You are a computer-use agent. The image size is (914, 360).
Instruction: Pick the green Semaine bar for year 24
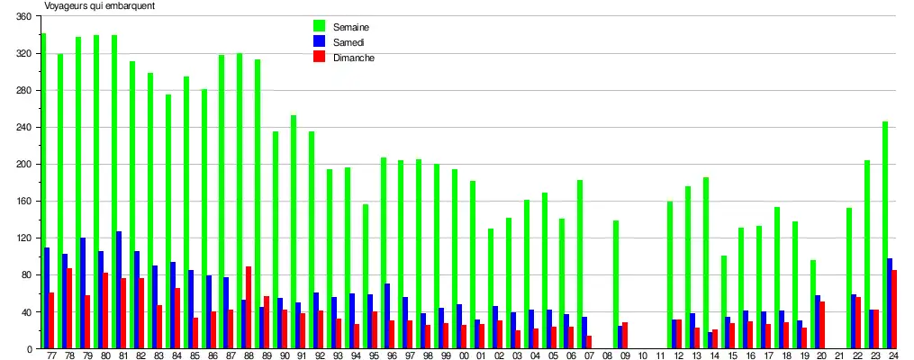(885, 235)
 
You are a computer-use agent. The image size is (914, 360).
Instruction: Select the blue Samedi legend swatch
(319, 41)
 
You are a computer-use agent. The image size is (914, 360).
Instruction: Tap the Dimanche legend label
(354, 58)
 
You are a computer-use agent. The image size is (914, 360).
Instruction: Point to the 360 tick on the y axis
(23, 17)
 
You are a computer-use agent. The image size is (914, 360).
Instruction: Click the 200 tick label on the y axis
(23, 165)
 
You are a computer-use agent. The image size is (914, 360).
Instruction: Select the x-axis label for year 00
(463, 356)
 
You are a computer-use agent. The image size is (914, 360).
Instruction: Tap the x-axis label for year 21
(838, 356)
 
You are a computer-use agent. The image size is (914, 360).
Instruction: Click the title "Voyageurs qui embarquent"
(100, 5)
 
